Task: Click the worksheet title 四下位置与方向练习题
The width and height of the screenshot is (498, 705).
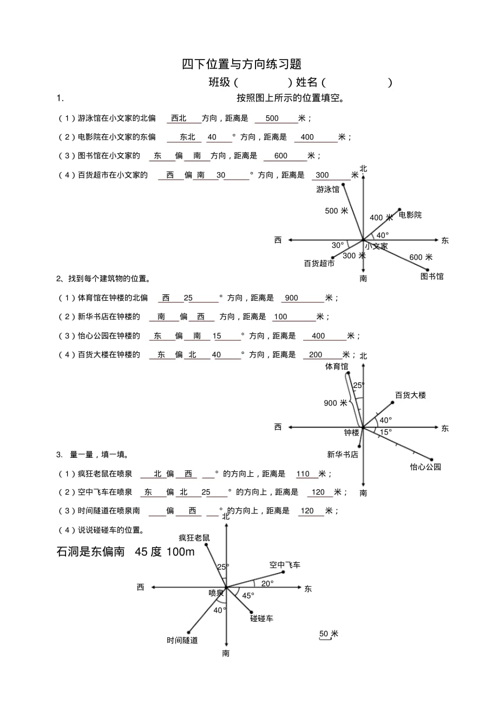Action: [x=241, y=64]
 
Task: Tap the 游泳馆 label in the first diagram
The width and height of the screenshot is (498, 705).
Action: [x=328, y=189]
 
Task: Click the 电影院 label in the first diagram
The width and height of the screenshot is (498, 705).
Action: [x=410, y=215]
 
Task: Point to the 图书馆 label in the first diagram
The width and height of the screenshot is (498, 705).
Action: [x=432, y=276]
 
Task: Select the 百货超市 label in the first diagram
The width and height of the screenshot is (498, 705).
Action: [x=319, y=263]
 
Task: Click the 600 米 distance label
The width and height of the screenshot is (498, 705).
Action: [x=421, y=257]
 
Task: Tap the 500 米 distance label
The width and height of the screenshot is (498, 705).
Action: [x=336, y=211]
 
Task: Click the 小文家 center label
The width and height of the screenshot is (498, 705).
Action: [x=376, y=246]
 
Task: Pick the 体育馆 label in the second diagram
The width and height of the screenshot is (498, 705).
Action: [x=337, y=367]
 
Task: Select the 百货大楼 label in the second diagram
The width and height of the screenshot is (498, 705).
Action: [x=410, y=395]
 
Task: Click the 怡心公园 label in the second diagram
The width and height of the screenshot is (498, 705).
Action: [x=425, y=466]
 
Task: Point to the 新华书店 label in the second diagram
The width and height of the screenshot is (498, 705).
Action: [x=342, y=454]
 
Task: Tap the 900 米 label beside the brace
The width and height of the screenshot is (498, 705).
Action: [x=336, y=403]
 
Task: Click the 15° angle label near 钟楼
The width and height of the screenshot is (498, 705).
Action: [x=385, y=432]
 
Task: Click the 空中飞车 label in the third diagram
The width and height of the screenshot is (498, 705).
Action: [x=285, y=565]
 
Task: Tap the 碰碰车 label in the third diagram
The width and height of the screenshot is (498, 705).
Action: [x=261, y=618]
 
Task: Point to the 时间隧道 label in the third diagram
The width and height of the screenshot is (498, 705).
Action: [x=182, y=641]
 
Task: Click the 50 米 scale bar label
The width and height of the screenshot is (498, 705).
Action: [x=329, y=634]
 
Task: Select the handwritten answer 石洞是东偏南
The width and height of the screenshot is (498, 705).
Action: [x=91, y=552]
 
